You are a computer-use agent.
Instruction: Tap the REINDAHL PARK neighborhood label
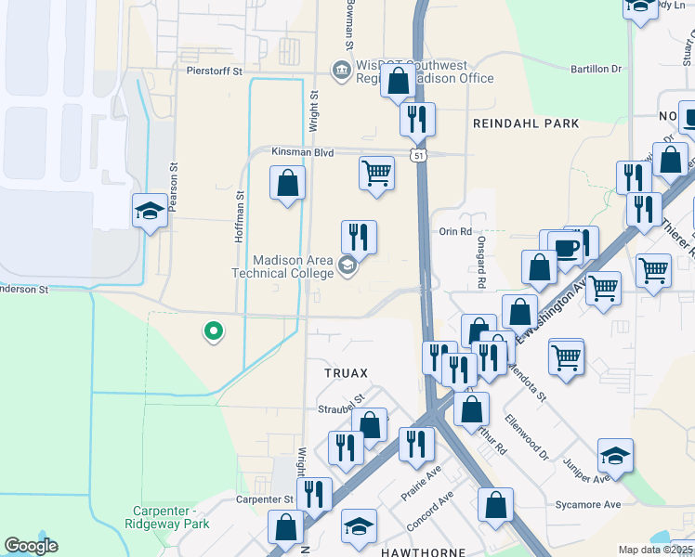pyautogui.click(x=526, y=123)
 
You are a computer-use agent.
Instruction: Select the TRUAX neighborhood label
pyautogui.click(x=346, y=373)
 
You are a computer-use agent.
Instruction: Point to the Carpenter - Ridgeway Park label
pyautogui.click(x=170, y=517)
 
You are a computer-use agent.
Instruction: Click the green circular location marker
pyautogui.click(x=213, y=330)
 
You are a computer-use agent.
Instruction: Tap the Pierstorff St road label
pyautogui.click(x=213, y=71)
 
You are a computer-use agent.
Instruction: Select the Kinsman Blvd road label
pyautogui.click(x=301, y=150)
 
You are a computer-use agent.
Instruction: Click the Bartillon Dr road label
pyautogui.click(x=596, y=69)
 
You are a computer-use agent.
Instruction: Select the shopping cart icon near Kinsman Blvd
pyautogui.click(x=376, y=173)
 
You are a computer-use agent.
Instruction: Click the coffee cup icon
pyautogui.click(x=566, y=249)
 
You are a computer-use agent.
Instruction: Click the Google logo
pyautogui.click(x=31, y=546)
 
